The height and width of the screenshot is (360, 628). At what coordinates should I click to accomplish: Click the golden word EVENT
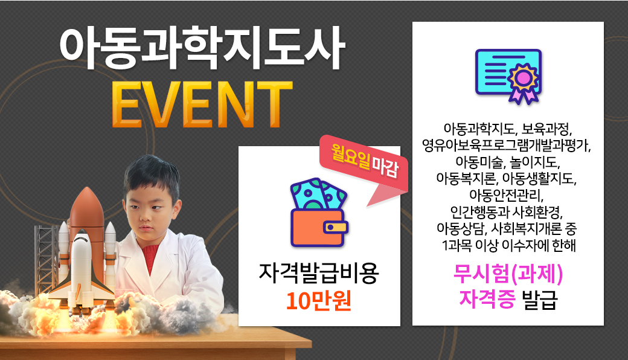point(202,104)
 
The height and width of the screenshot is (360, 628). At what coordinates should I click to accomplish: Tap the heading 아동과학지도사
point(202,48)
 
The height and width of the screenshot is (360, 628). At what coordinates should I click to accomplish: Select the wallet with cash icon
point(319,213)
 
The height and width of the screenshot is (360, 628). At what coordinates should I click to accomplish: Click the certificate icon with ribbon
point(508,77)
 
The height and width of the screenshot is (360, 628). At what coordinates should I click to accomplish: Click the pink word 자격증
point(487,299)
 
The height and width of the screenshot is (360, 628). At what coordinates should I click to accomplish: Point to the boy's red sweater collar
point(152,256)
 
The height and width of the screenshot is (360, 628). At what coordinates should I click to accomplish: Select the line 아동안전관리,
point(506,195)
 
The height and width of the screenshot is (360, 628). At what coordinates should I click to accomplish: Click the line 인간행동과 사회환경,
point(506,212)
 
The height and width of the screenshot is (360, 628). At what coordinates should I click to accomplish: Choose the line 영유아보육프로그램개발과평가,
point(506,145)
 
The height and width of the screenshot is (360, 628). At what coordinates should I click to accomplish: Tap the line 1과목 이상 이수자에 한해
point(508,245)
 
